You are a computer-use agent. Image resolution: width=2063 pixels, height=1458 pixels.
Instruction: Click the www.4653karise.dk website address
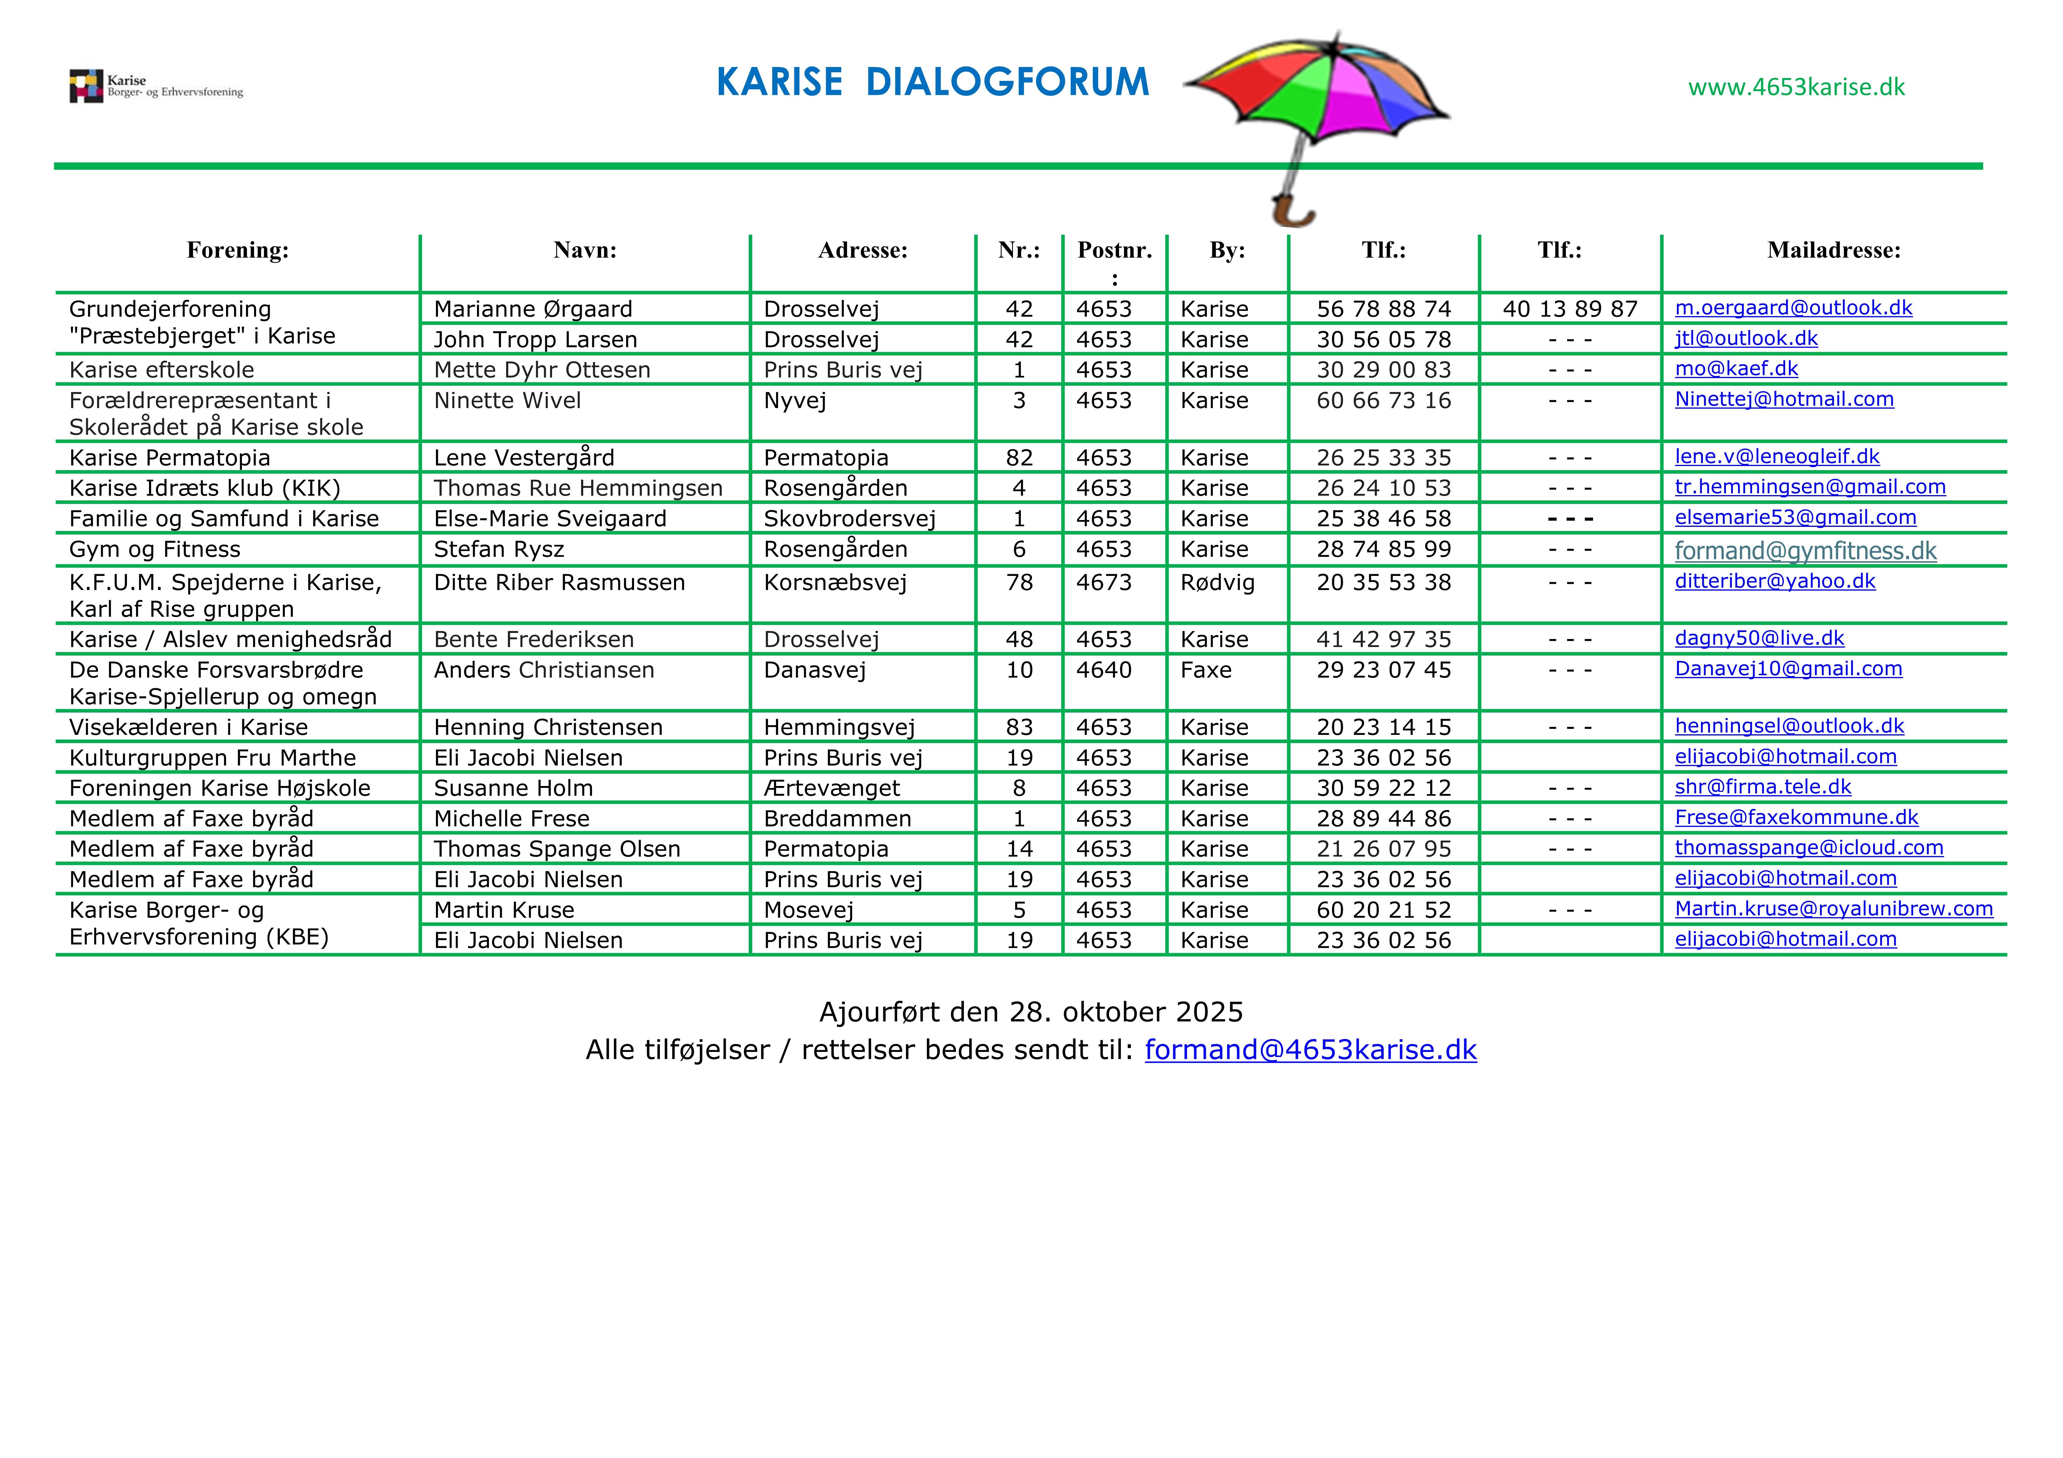point(1796,87)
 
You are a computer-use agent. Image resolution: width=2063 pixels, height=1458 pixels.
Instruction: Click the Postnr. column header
point(1114,251)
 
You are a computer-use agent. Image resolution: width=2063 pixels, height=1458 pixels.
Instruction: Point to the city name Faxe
point(1206,670)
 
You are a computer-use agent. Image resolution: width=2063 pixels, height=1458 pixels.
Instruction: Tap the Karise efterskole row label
point(162,370)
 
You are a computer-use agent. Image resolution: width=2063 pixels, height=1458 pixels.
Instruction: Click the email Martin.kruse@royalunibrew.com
point(1833,909)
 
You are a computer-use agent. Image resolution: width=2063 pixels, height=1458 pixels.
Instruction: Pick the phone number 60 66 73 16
point(1384,401)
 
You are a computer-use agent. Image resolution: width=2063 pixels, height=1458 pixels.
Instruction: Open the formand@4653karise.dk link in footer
point(1310,1050)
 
